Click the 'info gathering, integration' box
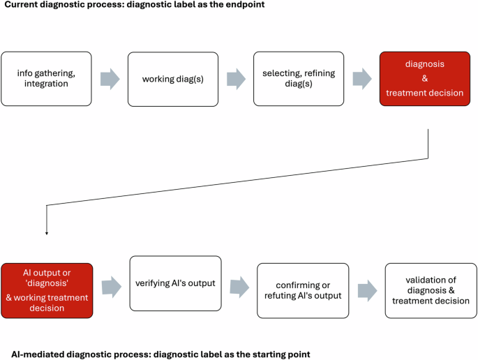tap(47, 79)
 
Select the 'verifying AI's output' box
tap(175, 283)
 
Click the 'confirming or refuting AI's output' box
tap(302, 290)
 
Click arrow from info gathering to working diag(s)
tap(110, 79)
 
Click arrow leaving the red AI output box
tap(111, 286)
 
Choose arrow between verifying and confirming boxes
tap(239, 286)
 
